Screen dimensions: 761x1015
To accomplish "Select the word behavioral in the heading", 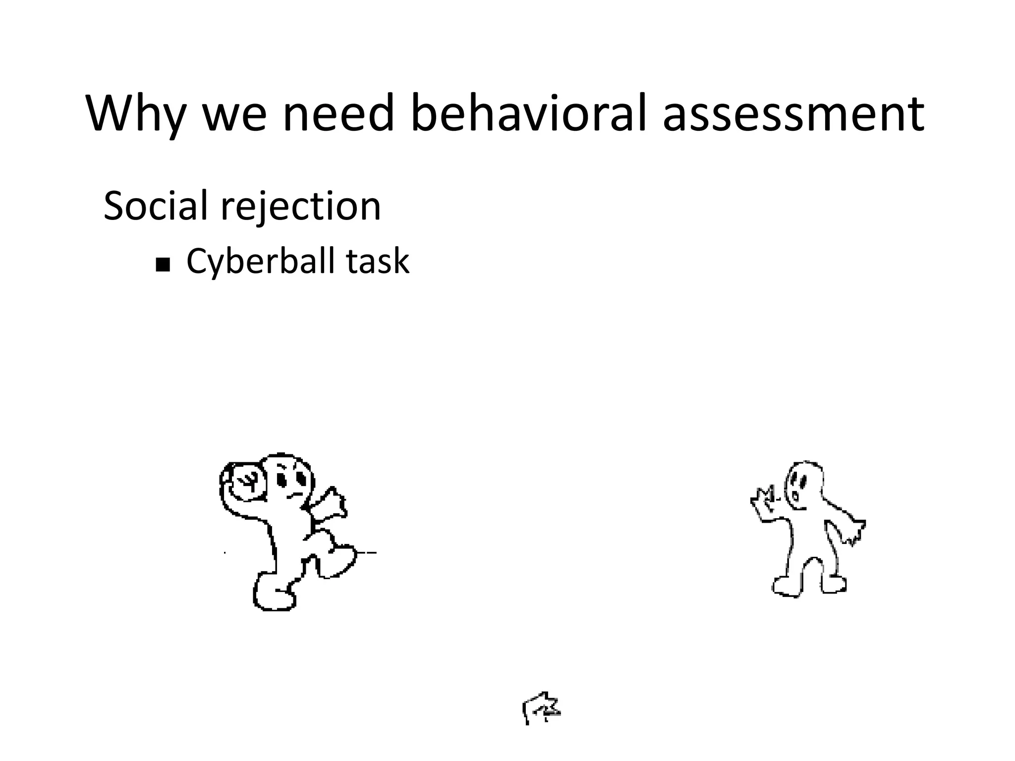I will pos(529,113).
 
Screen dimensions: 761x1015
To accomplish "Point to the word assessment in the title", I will pos(793,113).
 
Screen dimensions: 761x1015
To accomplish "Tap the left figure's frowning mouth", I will pos(294,495).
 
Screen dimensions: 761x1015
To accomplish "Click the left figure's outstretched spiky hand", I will pos(331,505).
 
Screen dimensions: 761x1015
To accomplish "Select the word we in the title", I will pos(234,113).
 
